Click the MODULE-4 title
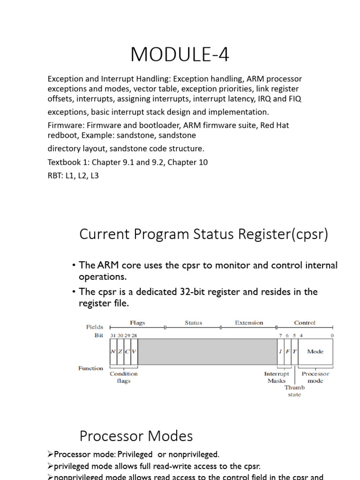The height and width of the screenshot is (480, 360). pos(180,55)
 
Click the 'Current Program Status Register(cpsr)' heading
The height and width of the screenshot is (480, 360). pos(204,234)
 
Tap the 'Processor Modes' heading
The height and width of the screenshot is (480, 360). pos(136,436)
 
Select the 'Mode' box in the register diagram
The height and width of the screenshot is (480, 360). pos(315,352)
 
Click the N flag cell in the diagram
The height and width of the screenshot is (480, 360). pos(113,352)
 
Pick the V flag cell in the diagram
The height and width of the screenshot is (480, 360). pos(134,352)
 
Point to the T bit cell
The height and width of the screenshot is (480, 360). pos(294,352)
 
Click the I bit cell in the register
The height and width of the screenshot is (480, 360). pos(280,352)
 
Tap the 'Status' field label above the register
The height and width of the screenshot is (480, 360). pos(193,322)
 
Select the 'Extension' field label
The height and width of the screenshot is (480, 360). pos(249,322)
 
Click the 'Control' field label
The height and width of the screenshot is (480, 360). pos(305,322)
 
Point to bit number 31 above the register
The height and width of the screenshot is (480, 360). pos(113,336)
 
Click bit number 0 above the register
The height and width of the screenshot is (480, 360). pos(332,336)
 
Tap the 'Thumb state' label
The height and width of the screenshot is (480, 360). pos(294,391)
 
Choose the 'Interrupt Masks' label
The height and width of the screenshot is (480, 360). pos(277,377)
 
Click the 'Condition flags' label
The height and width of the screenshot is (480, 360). pos(124,377)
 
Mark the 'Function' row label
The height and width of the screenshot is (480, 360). pos(90,368)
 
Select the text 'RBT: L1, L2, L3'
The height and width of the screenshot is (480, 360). pos(73,176)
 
